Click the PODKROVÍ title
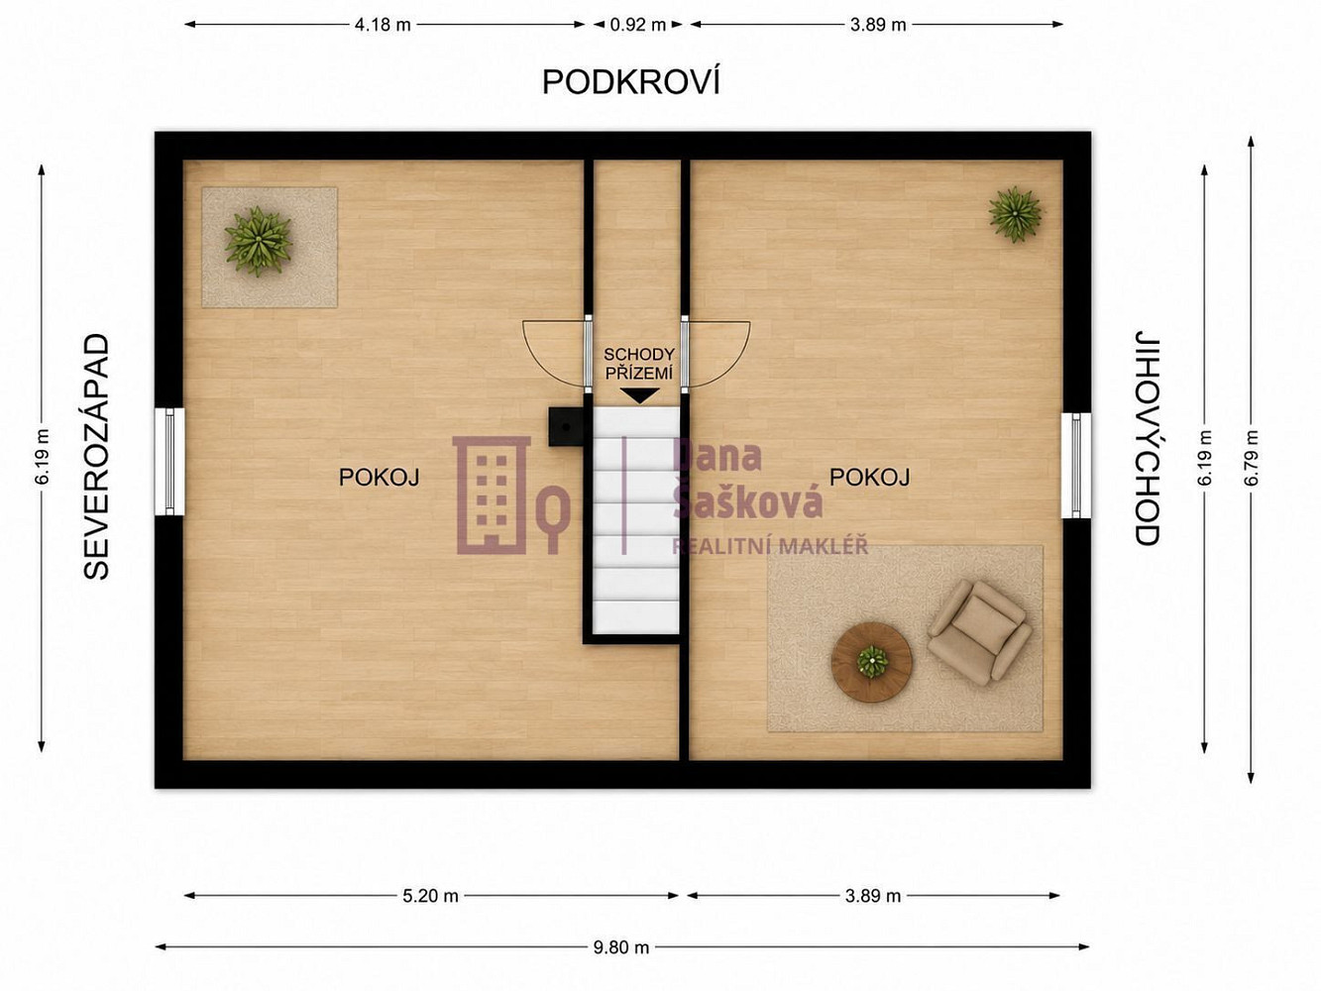(x=630, y=82)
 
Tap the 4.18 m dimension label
(x=383, y=25)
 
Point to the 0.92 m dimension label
(x=638, y=25)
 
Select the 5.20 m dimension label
(x=430, y=896)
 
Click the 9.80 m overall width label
(x=621, y=947)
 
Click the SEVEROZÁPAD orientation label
(x=96, y=457)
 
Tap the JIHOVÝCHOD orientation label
(x=1147, y=438)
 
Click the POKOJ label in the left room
(x=380, y=477)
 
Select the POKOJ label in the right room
(x=870, y=477)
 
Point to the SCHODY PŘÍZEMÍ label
(x=638, y=364)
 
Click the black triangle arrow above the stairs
(x=640, y=395)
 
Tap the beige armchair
(x=979, y=633)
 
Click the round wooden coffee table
(x=871, y=662)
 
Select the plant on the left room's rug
(x=259, y=241)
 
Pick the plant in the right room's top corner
(x=1015, y=214)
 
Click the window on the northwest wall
(x=169, y=462)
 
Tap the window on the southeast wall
(x=1076, y=465)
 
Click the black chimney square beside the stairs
(x=566, y=426)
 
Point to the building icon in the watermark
(x=492, y=495)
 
